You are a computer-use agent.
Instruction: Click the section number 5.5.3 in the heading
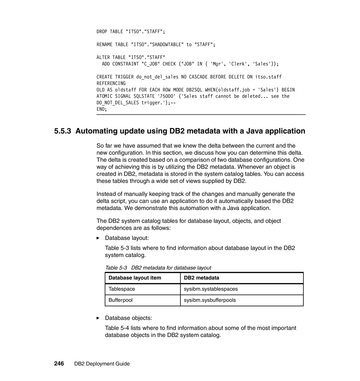coord(63,131)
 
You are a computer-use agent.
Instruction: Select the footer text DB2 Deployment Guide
coord(101,364)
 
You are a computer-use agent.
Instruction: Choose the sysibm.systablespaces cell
coord(211,289)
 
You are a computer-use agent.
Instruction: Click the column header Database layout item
coord(134,278)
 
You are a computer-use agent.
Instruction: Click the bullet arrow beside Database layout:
coord(98,238)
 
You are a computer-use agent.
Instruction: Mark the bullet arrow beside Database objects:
coord(98,318)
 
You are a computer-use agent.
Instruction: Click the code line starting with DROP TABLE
coord(131,32)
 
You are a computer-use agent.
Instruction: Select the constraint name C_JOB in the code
coord(151,64)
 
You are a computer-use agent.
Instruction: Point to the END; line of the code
coord(102,109)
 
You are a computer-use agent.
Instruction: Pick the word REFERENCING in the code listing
coord(111,83)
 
